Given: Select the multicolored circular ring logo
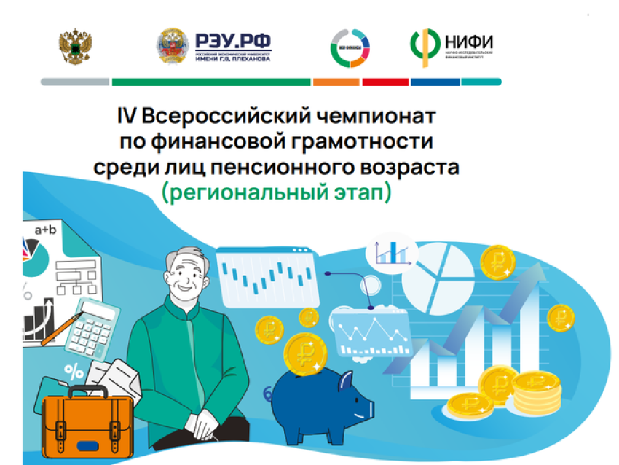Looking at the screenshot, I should click(350, 47).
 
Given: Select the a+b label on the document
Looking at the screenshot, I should click(45, 230).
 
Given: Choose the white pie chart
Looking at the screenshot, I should click(436, 270).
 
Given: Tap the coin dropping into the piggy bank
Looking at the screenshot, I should click(306, 353).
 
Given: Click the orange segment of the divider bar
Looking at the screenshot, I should click(336, 82).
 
